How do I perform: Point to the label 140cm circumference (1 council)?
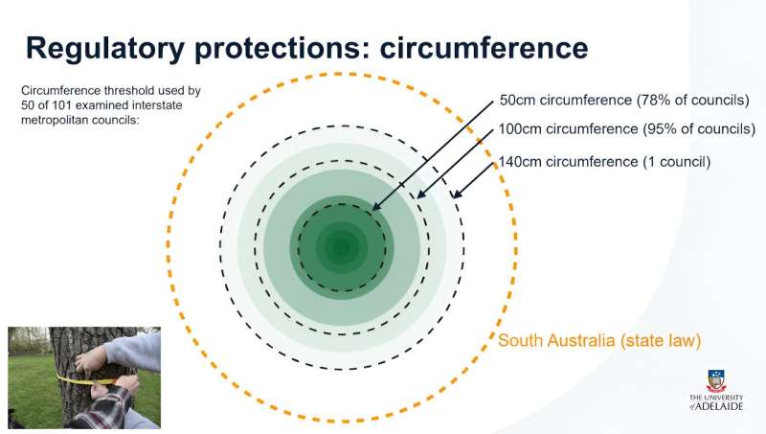(x=604, y=161)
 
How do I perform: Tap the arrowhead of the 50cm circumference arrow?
(x=374, y=209)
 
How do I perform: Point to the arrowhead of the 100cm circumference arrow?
(x=417, y=197)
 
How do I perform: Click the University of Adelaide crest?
(x=716, y=380)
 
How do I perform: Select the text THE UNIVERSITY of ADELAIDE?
(x=716, y=401)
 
